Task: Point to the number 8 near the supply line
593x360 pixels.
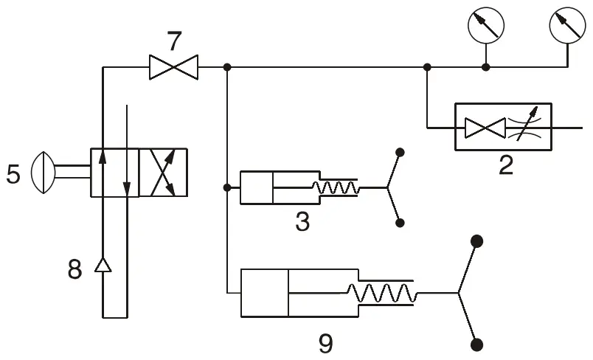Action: tap(74, 269)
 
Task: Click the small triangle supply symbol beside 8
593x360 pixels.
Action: tap(102, 265)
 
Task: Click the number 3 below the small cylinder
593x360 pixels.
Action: tap(302, 221)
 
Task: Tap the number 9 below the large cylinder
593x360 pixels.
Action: tap(325, 343)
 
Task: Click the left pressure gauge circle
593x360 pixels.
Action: tap(485, 26)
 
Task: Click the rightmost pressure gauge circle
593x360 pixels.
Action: tap(567, 26)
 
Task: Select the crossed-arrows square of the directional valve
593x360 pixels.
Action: tap(163, 173)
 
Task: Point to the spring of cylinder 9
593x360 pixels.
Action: tap(384, 294)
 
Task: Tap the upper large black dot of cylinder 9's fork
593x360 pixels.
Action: tap(477, 241)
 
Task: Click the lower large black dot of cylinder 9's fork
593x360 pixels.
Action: tap(477, 345)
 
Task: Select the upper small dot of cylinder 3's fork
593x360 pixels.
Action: tap(400, 153)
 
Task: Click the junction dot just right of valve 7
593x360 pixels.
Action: tap(227, 67)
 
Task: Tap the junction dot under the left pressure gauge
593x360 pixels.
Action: tap(485, 67)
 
